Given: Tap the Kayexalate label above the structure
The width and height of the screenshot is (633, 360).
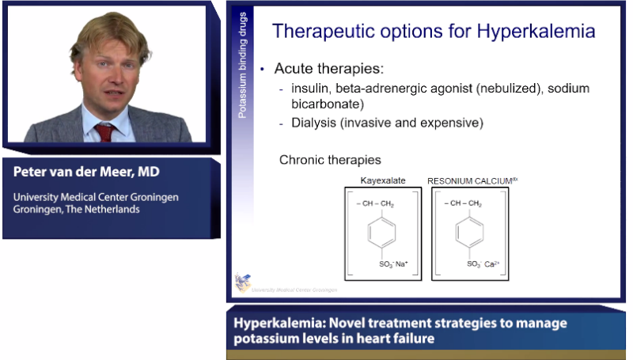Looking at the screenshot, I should pyautogui.click(x=383, y=181).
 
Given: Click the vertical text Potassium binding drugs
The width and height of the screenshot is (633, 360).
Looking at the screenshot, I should pyautogui.click(x=243, y=67).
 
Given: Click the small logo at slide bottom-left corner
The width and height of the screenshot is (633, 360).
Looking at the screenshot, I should pyautogui.click(x=241, y=282).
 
